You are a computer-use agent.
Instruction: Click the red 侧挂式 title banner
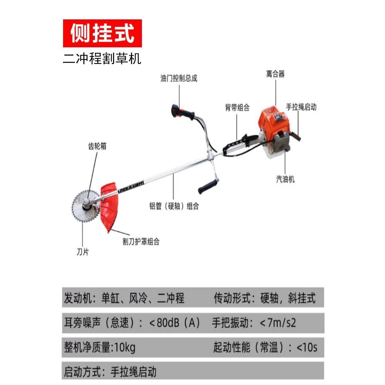click(102, 33)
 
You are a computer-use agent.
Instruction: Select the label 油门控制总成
click(179, 78)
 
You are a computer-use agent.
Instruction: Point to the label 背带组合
click(237, 107)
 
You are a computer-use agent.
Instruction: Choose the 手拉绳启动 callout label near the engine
click(301, 107)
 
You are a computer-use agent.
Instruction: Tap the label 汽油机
click(285, 180)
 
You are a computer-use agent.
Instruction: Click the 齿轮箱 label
click(97, 146)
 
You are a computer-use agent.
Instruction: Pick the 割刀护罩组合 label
click(141, 241)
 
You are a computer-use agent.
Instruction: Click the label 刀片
click(82, 252)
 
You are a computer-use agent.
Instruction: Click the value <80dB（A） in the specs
click(175, 323)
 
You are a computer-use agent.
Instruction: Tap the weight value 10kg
click(125, 347)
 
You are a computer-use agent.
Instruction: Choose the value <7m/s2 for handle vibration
click(278, 323)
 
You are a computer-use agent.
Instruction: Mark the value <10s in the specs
click(307, 347)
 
